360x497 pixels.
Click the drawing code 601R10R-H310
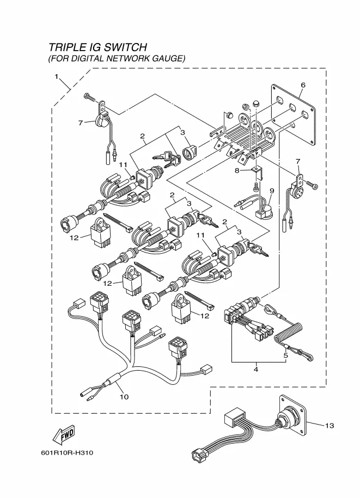click(x=66, y=453)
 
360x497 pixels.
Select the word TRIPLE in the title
click(x=66, y=48)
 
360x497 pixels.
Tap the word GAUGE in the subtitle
click(x=169, y=58)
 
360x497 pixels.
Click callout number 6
click(x=303, y=84)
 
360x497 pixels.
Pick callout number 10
click(x=124, y=397)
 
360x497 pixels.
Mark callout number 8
click(x=237, y=170)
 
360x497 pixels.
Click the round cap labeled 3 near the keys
click(x=188, y=152)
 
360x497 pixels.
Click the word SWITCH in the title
click(x=124, y=48)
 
